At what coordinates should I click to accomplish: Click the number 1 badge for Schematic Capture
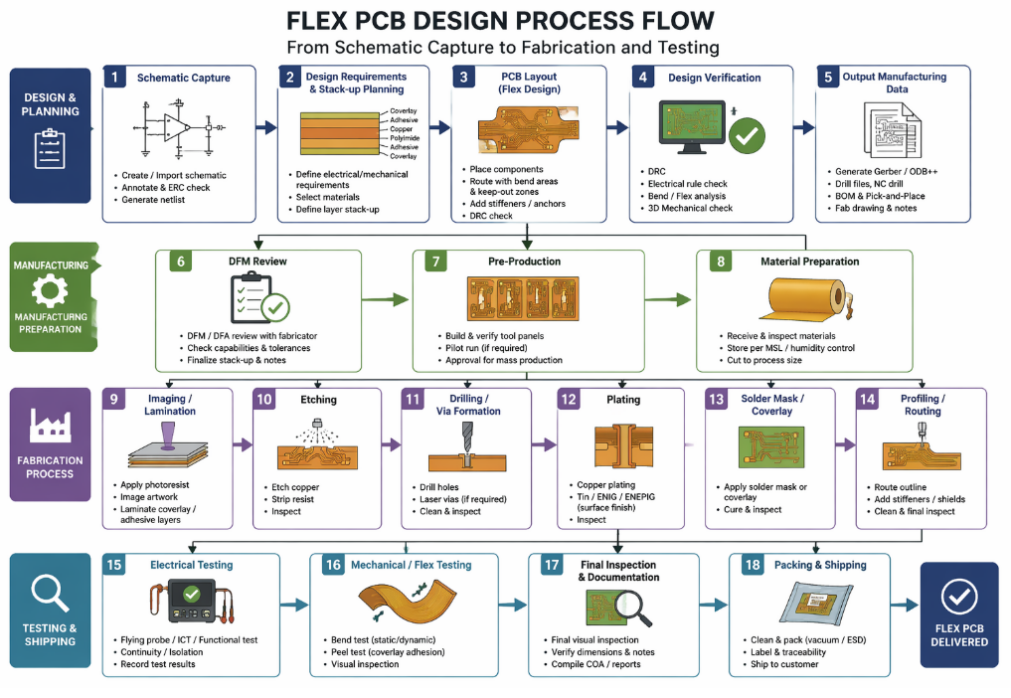(x=115, y=78)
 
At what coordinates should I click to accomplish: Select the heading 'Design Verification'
(x=714, y=78)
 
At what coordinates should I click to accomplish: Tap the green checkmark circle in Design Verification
(x=747, y=134)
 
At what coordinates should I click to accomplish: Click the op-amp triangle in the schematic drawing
(x=178, y=126)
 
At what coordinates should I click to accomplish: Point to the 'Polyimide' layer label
(x=403, y=138)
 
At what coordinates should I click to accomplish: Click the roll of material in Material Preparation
(x=815, y=299)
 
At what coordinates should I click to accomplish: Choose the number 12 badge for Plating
(x=569, y=399)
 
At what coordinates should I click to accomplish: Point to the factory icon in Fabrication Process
(x=50, y=425)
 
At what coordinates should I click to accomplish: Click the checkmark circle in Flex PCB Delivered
(x=958, y=595)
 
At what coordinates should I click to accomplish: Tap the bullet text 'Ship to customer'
(x=784, y=664)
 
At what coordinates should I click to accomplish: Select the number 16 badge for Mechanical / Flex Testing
(x=333, y=565)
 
